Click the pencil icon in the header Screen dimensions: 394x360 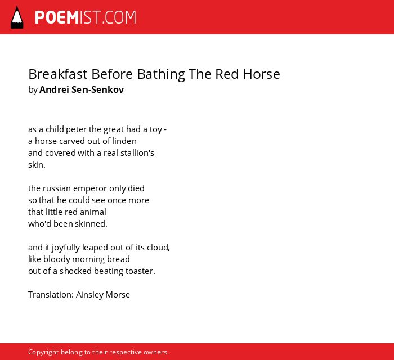(x=17, y=17)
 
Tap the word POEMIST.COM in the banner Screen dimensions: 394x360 (x=86, y=17)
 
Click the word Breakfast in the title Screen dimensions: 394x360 (x=58, y=74)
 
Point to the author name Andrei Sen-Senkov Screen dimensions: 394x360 (x=82, y=89)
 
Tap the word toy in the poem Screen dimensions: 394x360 (x=156, y=130)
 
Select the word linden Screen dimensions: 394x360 (x=124, y=141)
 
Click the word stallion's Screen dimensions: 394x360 (x=137, y=153)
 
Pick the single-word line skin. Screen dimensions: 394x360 (x=37, y=165)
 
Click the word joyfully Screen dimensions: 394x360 (x=66, y=248)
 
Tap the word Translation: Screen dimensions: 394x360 (x=51, y=295)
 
